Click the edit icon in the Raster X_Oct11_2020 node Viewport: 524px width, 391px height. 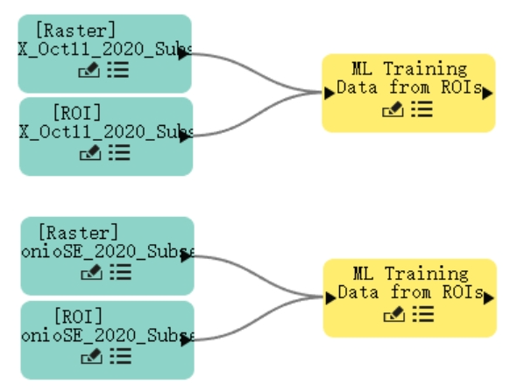89,70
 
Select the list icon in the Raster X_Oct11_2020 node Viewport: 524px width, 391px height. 118,70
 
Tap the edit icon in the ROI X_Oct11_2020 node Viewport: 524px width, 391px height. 90,153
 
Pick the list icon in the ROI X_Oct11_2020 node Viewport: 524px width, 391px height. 119,152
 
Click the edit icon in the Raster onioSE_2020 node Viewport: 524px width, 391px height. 91,272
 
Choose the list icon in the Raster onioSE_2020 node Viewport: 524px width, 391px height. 121,272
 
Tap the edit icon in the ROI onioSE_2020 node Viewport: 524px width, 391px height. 91,356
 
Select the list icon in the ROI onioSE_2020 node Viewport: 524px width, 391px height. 121,356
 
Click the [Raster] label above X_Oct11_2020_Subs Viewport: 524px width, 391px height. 75,31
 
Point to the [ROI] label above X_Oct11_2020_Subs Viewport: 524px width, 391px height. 77,113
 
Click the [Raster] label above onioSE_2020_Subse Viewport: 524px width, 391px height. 78,232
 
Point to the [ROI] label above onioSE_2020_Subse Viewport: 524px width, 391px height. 78,316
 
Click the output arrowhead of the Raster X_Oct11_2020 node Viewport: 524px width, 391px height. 184,54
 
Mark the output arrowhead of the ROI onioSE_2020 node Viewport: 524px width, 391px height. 186,340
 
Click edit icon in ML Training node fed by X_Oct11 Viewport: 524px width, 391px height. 393,109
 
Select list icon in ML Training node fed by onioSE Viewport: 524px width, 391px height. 423,314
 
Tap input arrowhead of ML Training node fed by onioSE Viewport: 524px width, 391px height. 330,298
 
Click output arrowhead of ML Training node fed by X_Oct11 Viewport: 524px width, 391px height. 487,93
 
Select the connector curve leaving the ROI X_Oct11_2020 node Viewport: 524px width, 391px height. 257,115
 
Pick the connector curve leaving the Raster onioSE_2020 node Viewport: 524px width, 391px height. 258,276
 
